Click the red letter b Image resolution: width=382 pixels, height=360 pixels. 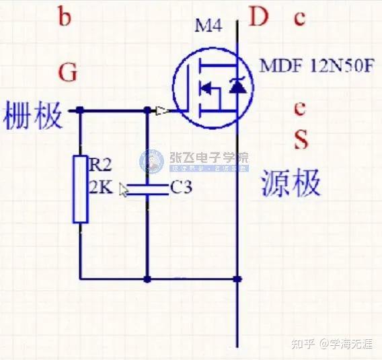(65, 17)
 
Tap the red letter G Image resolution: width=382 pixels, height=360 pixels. (67, 72)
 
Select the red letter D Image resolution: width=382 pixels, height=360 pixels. (259, 17)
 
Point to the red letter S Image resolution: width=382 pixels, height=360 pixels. (301, 139)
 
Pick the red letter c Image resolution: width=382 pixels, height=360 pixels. (299, 18)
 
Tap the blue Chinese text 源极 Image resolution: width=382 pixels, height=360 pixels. (291, 182)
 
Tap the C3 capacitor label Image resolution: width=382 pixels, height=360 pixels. (181, 188)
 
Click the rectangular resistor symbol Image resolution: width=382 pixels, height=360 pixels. (80, 189)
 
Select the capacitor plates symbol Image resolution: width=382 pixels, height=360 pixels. (147, 188)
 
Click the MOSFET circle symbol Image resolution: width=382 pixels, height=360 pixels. (211, 86)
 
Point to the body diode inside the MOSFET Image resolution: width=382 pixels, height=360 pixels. (235, 86)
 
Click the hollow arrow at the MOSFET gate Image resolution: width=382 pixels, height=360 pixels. (162, 110)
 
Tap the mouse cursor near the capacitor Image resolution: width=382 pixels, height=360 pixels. (124, 190)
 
